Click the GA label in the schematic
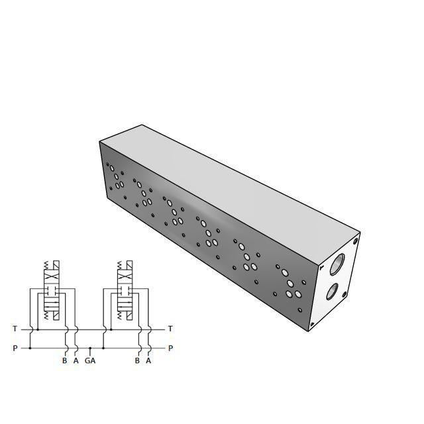90,361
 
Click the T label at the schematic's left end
15,329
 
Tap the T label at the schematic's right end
170,329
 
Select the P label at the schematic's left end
15,348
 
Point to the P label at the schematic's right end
170,348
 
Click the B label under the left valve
65,361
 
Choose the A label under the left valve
76,361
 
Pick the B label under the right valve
137,361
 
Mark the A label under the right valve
148,361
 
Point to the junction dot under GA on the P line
90,348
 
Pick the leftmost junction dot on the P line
30,348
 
